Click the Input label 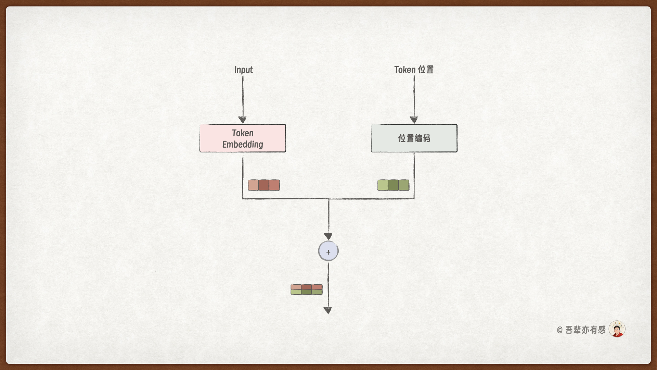pos(243,70)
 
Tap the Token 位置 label pos(414,70)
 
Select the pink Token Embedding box pos(243,138)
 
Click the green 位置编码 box pos(414,138)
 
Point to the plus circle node pos(328,251)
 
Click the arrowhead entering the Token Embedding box pos(243,120)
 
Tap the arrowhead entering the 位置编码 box pos(414,120)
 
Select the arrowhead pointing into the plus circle pos(328,236)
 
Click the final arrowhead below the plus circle pos(328,310)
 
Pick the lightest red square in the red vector pos(253,185)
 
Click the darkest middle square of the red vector pos(264,185)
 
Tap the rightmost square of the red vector pos(274,185)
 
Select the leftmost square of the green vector pos(383,185)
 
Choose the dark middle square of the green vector pos(393,185)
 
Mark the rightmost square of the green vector pos(404,185)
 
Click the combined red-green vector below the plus pos(307,289)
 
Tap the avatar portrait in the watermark pos(617,329)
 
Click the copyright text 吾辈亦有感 pos(585,330)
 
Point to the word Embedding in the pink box pos(243,144)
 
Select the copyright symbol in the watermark pos(560,330)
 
